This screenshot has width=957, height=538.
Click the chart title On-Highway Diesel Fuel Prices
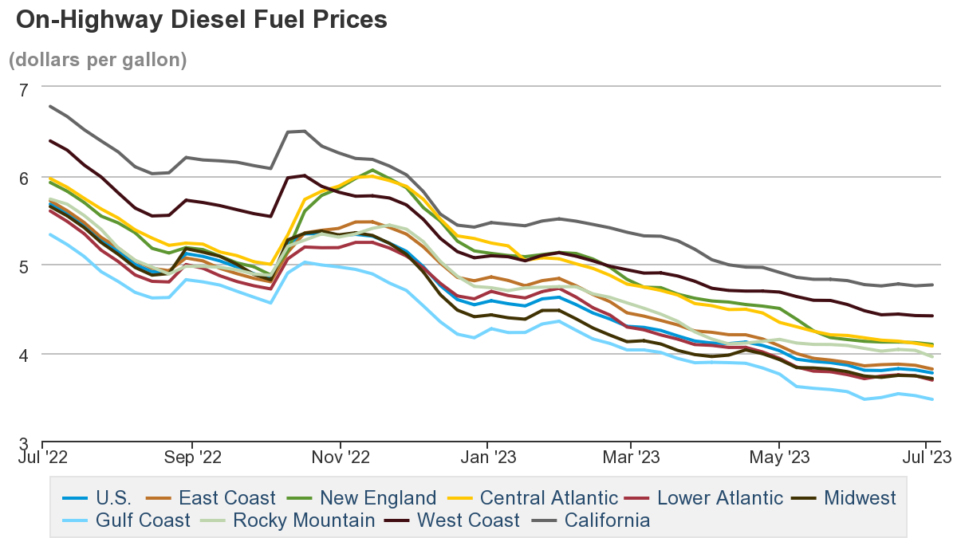[201, 20]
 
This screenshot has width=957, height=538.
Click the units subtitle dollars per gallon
[97, 60]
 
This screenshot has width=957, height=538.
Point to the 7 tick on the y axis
[23, 89]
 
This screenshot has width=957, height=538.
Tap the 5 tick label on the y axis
[23, 266]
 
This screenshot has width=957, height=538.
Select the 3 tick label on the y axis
[23, 443]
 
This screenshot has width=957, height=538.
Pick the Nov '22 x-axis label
[341, 457]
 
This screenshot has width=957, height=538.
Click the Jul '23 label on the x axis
[925, 457]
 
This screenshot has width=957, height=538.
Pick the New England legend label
[377, 499]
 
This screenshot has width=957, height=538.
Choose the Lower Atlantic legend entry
[719, 499]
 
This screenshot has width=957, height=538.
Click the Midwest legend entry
[858, 499]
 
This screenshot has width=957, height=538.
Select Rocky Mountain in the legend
[303, 521]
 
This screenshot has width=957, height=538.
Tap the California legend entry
[606, 521]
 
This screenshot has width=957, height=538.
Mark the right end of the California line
[933, 285]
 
